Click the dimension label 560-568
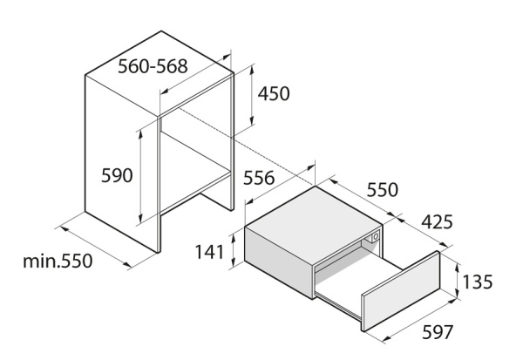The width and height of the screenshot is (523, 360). click(x=153, y=66)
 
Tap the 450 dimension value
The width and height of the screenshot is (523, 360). click(x=274, y=93)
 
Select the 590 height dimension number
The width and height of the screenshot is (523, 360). click(x=117, y=175)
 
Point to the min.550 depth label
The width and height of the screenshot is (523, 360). click(x=58, y=261)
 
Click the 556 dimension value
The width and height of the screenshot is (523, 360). click(x=259, y=178)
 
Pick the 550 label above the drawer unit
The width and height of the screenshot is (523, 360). click(x=383, y=190)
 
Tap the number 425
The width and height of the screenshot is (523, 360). click(x=437, y=222)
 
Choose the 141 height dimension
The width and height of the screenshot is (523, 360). click(x=209, y=252)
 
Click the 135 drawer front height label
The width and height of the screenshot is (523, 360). click(x=478, y=282)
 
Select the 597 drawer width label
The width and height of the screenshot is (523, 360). click(x=438, y=332)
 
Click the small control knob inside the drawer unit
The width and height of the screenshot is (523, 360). click(x=375, y=236)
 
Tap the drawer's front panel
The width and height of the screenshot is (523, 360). click(x=401, y=291)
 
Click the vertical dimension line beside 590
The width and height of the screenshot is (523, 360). click(x=140, y=176)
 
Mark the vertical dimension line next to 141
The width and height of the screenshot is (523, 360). click(x=234, y=250)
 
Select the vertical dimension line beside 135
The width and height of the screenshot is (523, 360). click(x=458, y=281)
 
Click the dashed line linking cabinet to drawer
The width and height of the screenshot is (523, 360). click(x=246, y=146)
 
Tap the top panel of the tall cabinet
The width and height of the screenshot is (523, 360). click(x=160, y=73)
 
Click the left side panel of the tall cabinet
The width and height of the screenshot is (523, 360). click(x=122, y=164)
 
